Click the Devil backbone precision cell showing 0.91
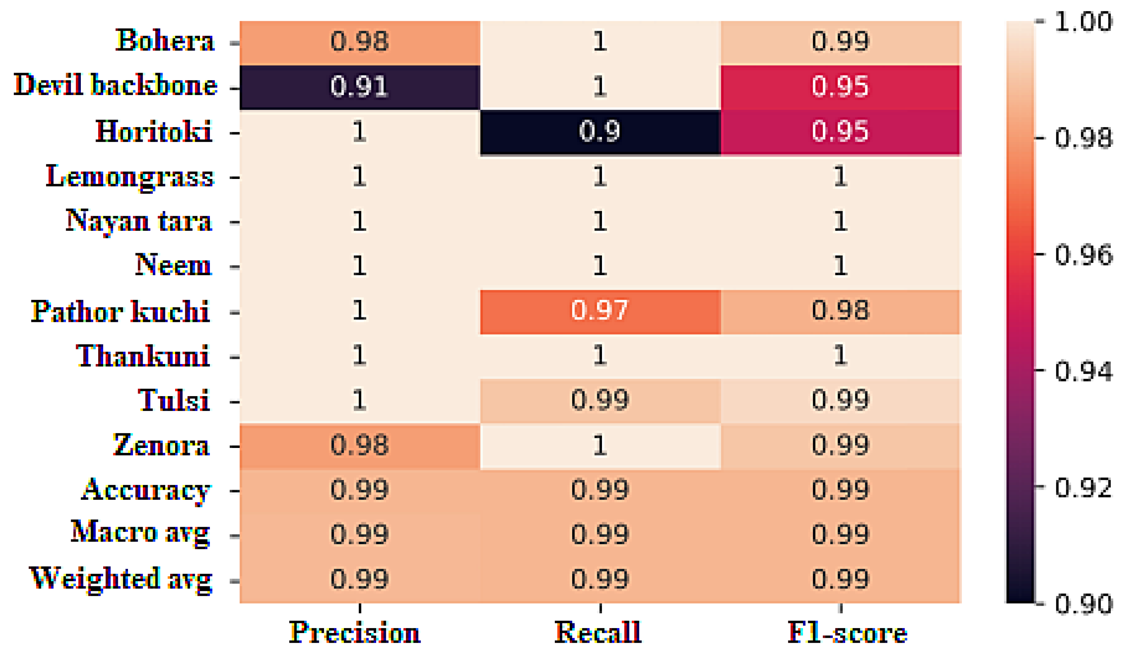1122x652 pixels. click(x=359, y=87)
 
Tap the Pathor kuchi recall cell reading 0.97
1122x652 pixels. click(x=600, y=311)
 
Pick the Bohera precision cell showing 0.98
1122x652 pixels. click(x=359, y=42)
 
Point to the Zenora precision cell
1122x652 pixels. click(x=359, y=446)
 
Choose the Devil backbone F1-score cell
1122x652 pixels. click(x=840, y=87)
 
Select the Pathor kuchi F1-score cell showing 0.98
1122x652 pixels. click(x=840, y=311)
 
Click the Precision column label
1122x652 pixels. click(x=355, y=632)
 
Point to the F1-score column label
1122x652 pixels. click(x=847, y=632)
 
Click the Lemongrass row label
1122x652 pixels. click(x=130, y=177)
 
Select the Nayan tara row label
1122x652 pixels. click(x=138, y=221)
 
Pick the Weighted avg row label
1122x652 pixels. click(x=120, y=579)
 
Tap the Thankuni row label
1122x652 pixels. click(x=143, y=356)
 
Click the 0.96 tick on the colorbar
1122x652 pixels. click(x=1083, y=255)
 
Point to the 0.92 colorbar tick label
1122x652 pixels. click(x=1083, y=487)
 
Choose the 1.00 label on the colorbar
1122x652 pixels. click(x=1083, y=21)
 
